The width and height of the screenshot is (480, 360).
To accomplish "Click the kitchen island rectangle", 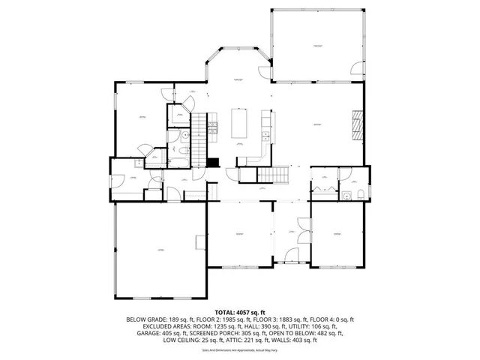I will [x=240, y=124].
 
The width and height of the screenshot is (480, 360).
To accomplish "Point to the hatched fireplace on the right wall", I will [x=357, y=123].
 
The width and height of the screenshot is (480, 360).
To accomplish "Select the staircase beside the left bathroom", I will [x=199, y=131].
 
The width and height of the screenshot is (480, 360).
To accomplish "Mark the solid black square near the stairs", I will [x=213, y=161].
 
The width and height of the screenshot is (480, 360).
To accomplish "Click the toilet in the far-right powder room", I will [x=361, y=196].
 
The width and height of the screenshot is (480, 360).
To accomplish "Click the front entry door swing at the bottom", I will [x=284, y=259].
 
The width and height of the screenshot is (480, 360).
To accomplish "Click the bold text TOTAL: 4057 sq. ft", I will [x=239, y=312].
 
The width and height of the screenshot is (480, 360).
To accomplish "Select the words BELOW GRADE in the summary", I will [x=145, y=319].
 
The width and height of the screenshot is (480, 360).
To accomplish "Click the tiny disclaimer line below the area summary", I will [x=239, y=350].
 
